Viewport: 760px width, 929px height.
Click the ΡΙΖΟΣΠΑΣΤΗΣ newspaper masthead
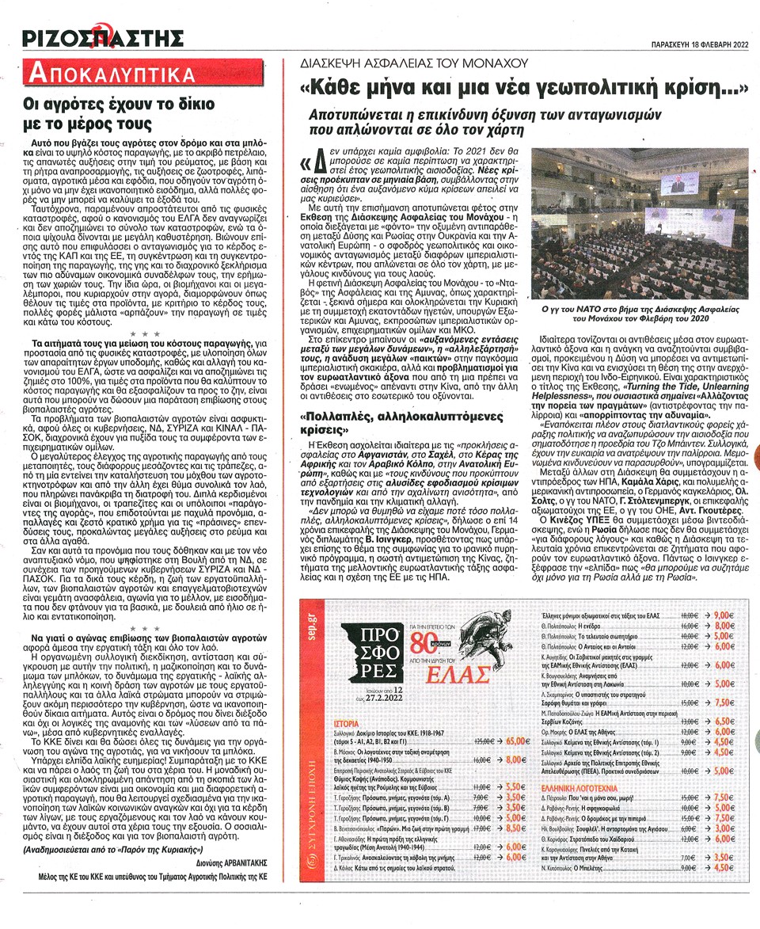pos(103,37)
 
